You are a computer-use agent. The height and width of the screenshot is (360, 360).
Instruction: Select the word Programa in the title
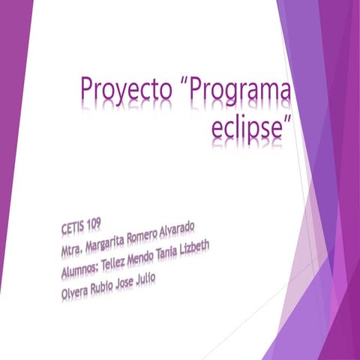(x=241, y=94)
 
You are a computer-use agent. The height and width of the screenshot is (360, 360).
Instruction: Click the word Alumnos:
(x=85, y=268)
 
